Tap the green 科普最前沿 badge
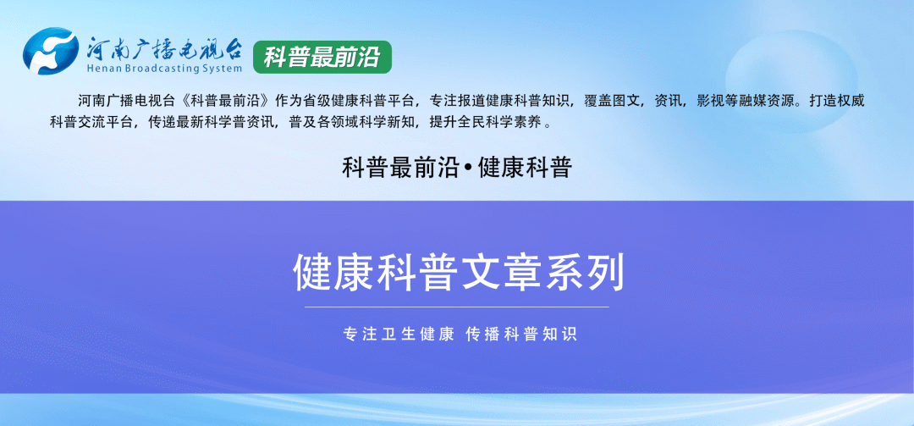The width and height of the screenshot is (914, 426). [322, 57]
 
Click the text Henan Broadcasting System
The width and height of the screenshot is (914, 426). [165, 69]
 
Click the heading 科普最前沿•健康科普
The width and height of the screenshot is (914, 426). [457, 168]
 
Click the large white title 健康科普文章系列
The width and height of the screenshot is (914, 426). [457, 273]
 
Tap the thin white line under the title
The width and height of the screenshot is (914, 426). [457, 307]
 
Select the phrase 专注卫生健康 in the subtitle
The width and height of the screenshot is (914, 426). [399, 334]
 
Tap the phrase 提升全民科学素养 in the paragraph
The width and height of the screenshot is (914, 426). [487, 122]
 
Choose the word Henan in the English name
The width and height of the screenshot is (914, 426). [105, 69]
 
